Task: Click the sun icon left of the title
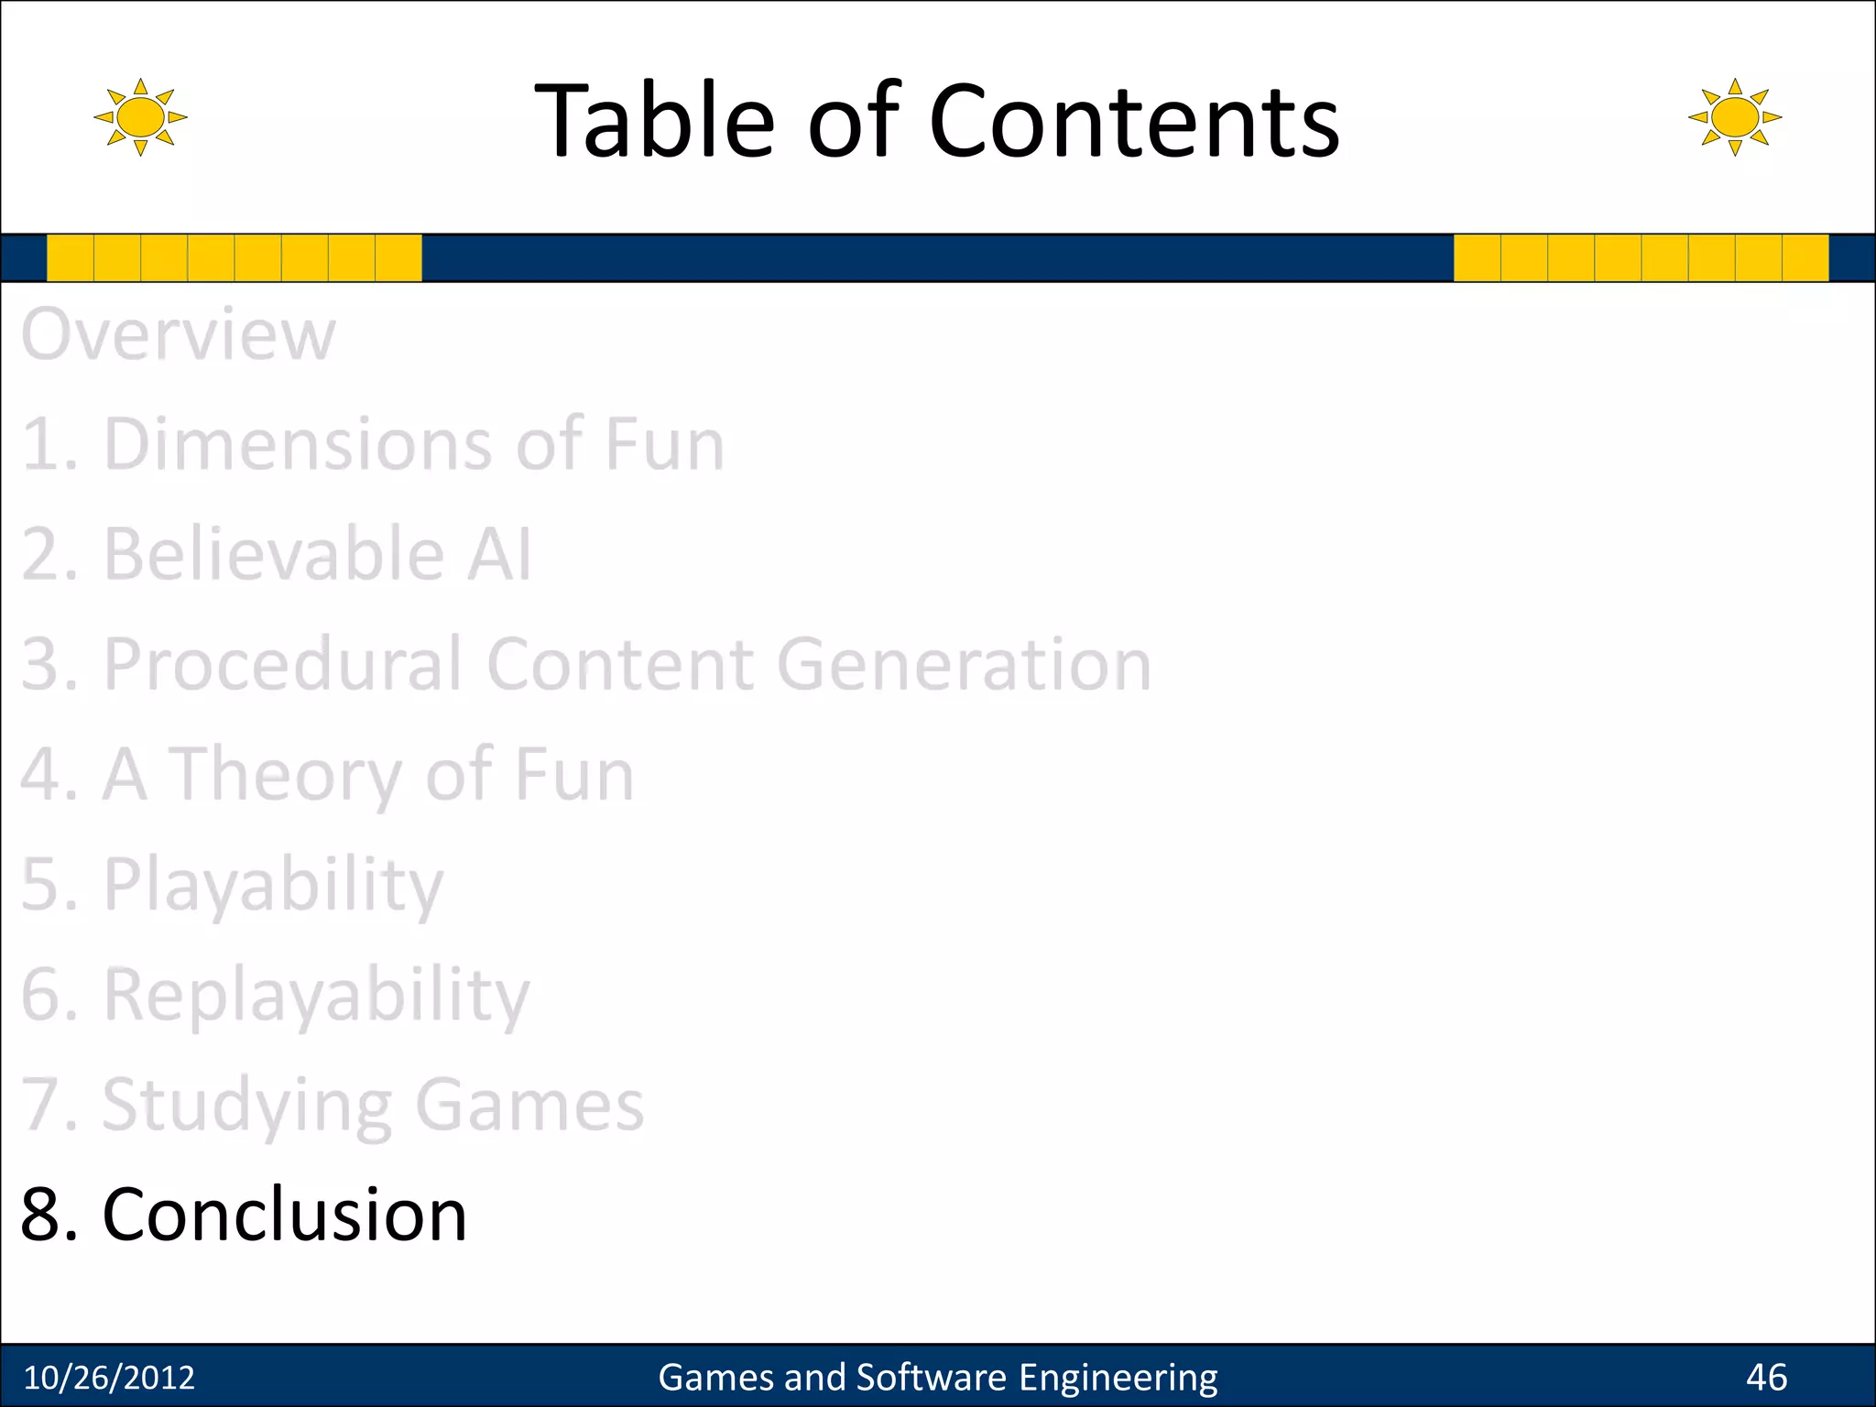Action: coord(140,117)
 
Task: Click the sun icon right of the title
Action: coord(1734,117)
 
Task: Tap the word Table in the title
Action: coord(654,121)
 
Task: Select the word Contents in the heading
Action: coord(1134,121)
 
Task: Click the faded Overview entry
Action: coord(179,334)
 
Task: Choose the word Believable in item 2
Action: coord(274,554)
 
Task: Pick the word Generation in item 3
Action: coord(964,665)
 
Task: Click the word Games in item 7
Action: coord(529,1105)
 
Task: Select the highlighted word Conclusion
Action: coord(285,1215)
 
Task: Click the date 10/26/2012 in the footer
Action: coord(109,1377)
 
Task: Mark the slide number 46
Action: coord(1766,1377)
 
